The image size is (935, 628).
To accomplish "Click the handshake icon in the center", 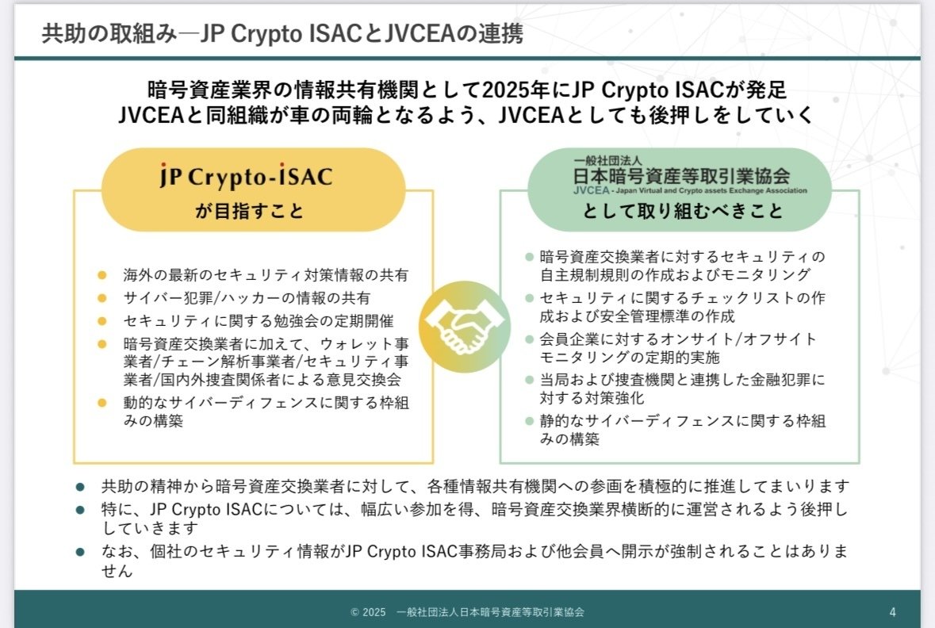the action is click(x=465, y=327).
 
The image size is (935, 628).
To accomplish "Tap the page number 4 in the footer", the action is click(x=893, y=612).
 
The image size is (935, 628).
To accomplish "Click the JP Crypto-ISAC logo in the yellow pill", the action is click(x=247, y=177).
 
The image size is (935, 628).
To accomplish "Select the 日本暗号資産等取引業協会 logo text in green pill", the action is click(x=681, y=176).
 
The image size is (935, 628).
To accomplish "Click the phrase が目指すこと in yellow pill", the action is click(x=249, y=211).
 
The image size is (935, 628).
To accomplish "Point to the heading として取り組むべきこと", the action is click(x=683, y=211).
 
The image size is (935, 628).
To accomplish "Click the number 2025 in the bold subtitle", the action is click(x=507, y=90).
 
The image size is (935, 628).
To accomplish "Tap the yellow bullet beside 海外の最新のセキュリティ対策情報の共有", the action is click(x=102, y=275).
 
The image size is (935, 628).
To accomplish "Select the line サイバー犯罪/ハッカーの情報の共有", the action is click(x=247, y=297).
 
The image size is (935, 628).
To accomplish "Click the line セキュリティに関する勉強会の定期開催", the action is click(x=259, y=321).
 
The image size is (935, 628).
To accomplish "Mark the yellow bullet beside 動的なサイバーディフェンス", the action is click(x=102, y=403).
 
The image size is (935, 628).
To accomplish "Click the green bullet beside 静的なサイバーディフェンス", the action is click(x=529, y=421).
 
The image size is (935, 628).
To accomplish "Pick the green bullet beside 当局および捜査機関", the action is click(x=529, y=380).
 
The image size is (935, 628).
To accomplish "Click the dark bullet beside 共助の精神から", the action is click(x=81, y=487).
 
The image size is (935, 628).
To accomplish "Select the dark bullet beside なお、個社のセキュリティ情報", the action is click(x=81, y=552).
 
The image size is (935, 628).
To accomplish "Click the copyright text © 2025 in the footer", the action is click(x=368, y=612).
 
